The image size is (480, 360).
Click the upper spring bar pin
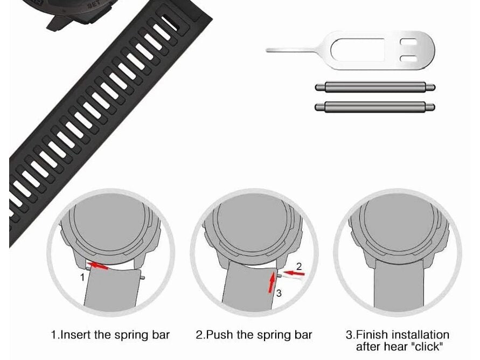374,87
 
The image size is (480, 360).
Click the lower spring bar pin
374,106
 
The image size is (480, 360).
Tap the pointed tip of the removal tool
268,51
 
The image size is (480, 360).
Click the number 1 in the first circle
82,278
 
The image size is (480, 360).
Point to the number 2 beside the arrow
300,265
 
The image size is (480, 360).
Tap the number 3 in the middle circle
279,293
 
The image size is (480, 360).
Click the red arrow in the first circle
99,265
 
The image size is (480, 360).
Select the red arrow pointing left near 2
294,274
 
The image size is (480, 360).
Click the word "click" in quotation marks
426,346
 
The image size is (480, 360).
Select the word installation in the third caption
423,335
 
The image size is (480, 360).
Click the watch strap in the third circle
398,291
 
